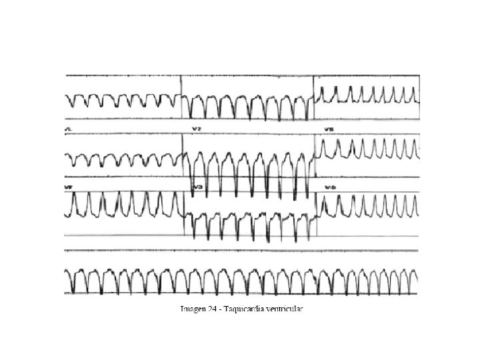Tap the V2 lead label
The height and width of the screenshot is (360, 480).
[x=197, y=129]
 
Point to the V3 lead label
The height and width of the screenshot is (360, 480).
[x=197, y=189]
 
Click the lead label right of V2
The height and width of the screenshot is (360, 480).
[x=329, y=129]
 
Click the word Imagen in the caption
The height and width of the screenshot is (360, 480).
[x=193, y=309]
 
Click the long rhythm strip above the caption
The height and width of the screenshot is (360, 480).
[x=240, y=280]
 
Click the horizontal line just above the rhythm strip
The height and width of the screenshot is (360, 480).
[x=240, y=251]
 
